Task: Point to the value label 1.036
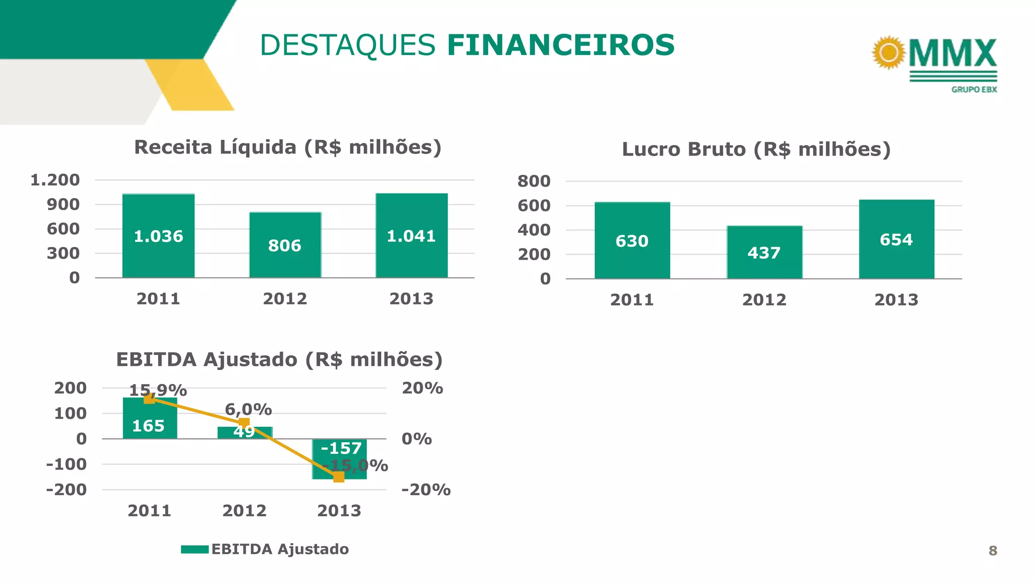coord(158,236)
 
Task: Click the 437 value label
coord(764,253)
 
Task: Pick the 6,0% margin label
coord(248,409)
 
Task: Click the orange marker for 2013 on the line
coord(339,476)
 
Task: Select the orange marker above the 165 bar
coord(150,399)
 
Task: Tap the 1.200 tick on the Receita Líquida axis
coord(55,180)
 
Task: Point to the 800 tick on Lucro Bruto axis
coord(534,181)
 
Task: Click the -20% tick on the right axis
coord(426,490)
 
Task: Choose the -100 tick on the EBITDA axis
coord(66,464)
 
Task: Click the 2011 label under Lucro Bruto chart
coord(632,300)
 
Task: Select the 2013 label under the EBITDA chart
coord(339,511)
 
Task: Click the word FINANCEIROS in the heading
coord(560,45)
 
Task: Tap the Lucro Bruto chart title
coord(756,150)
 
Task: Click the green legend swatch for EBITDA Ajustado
coord(195,549)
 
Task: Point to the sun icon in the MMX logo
coord(889,52)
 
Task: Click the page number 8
coord(993,551)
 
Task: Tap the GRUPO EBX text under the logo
coord(974,89)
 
